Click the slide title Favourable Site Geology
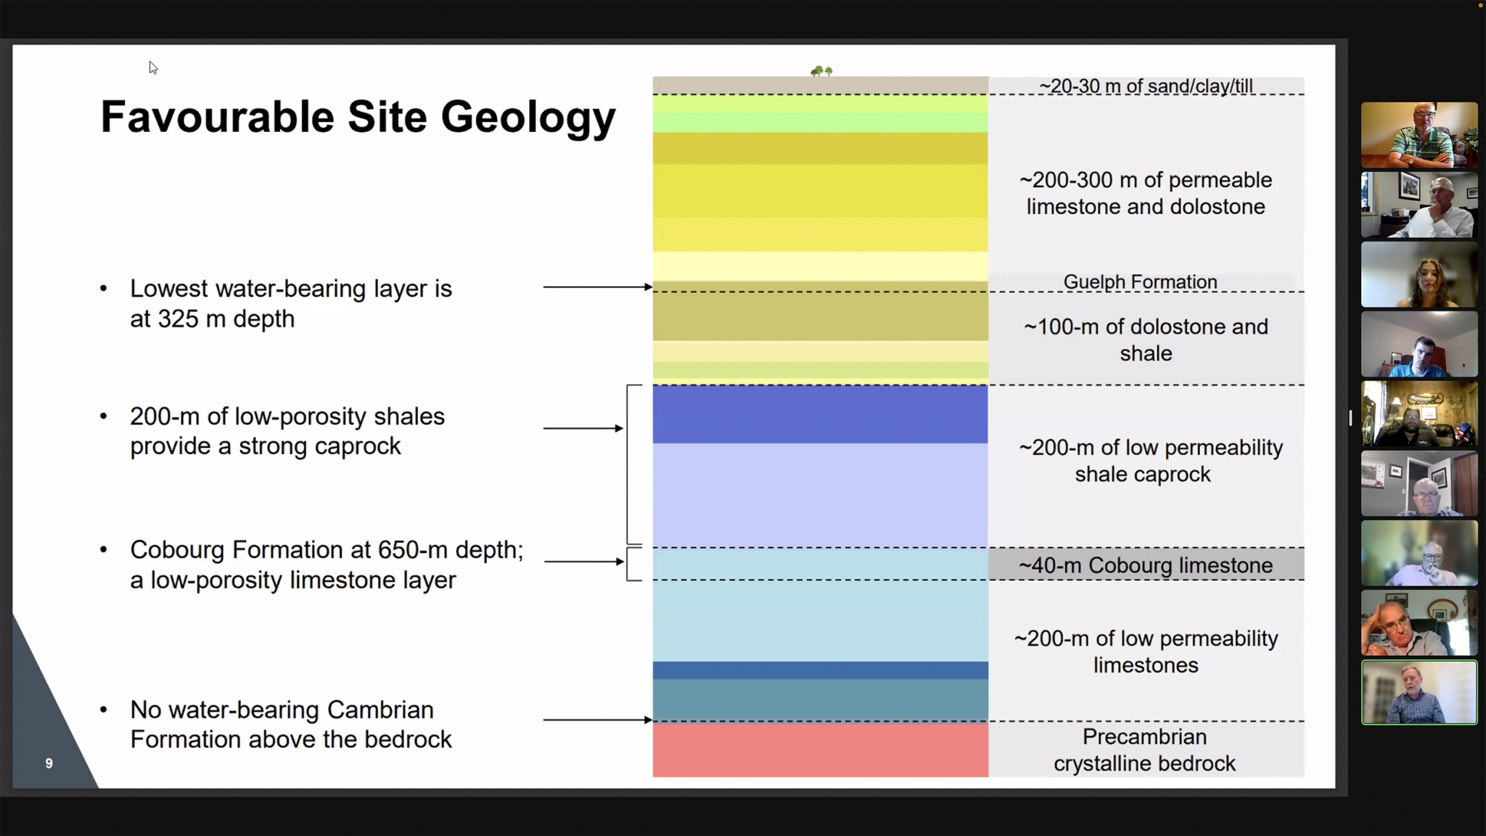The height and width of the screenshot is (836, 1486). (358, 117)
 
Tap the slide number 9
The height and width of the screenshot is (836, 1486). (49, 763)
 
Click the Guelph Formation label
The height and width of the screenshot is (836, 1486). (1140, 282)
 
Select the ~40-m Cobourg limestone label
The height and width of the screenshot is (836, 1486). (1145, 565)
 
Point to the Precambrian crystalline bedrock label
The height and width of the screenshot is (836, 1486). (1144, 750)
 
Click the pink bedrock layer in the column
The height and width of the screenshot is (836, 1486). (820, 750)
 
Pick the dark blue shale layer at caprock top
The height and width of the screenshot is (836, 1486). (820, 414)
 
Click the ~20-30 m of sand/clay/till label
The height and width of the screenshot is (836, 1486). (1146, 86)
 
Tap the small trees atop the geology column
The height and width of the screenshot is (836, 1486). (821, 71)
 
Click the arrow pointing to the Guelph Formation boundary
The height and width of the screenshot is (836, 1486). (597, 287)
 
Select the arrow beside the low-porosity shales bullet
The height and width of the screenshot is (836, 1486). (583, 428)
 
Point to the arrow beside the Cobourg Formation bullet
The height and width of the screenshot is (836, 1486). (583, 562)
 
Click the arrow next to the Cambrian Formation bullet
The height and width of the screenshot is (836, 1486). (597, 720)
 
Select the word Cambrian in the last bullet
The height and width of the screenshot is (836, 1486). (379, 709)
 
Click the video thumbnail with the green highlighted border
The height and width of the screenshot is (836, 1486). (1419, 692)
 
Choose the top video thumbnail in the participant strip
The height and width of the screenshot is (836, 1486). (1419, 135)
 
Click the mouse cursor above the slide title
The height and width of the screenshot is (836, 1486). (153, 67)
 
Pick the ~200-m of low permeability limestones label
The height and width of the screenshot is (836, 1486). (1146, 652)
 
